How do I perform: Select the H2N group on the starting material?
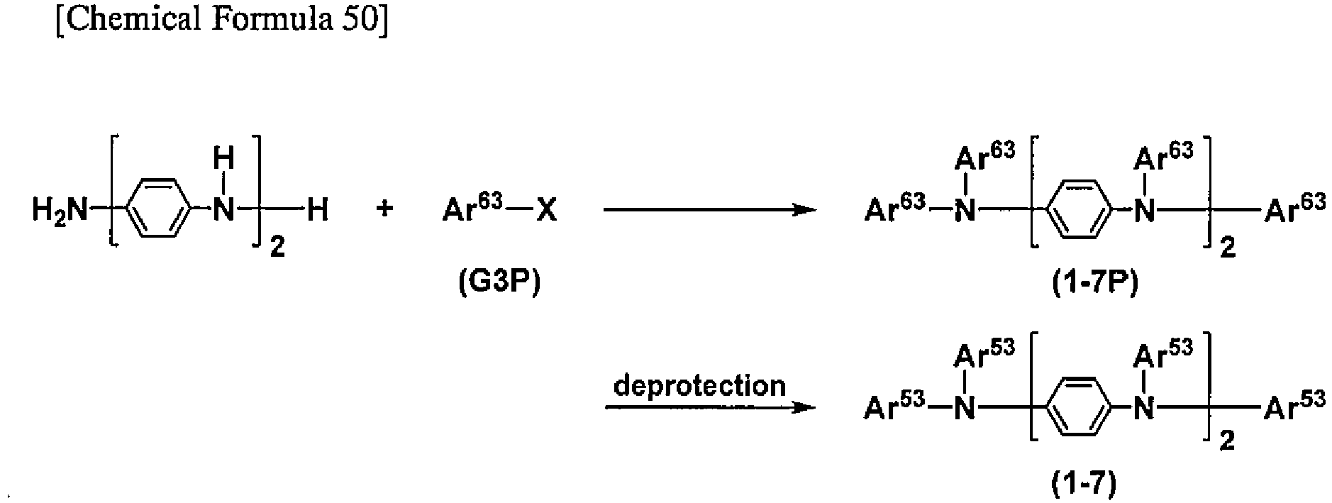coord(60,211)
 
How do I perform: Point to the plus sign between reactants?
coord(384,210)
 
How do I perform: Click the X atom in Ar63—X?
coord(547,211)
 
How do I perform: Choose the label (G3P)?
coord(499,282)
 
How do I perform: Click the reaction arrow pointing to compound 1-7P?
coord(709,210)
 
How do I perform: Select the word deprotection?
coord(699,387)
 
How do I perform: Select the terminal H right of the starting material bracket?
coord(317,211)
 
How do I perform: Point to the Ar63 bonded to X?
coord(472,209)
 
